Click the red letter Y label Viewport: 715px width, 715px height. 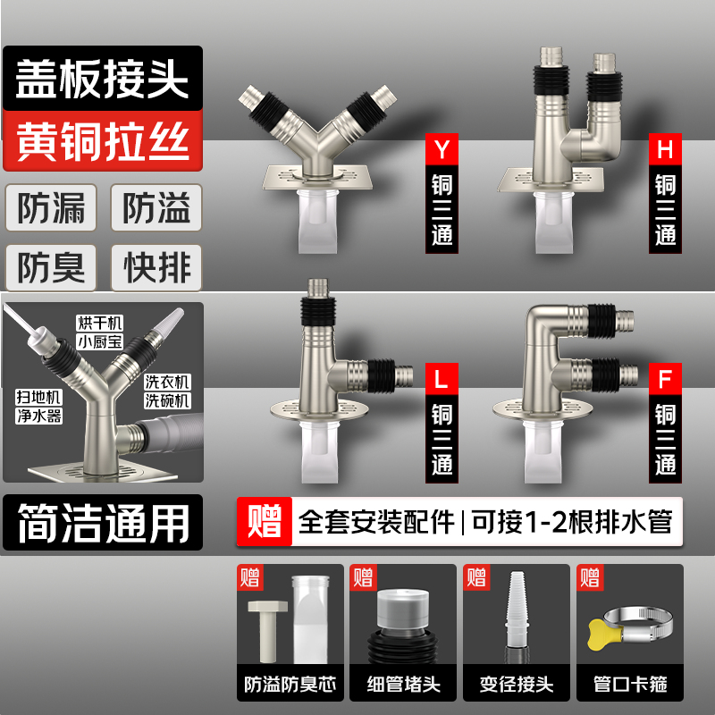440,147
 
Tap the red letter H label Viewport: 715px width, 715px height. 664,147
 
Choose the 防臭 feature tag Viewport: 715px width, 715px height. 52,267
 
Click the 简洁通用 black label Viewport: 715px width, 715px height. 101,523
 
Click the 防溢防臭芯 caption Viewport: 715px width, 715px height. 290,686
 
